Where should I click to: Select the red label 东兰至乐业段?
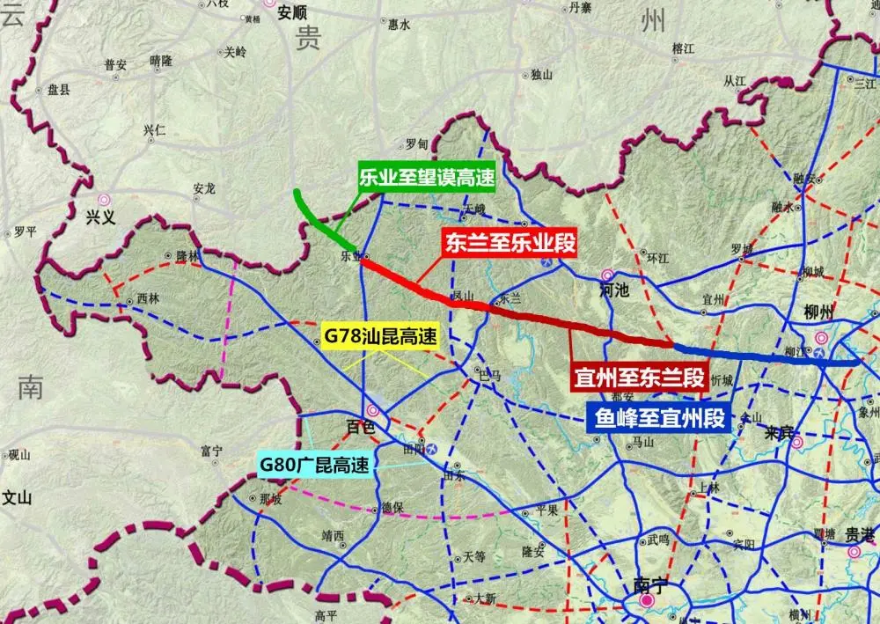click(510, 243)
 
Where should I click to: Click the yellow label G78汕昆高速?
click(380, 335)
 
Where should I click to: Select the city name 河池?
click(614, 290)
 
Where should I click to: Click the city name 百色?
click(360, 427)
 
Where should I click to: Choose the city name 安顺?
click(291, 12)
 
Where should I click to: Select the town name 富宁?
click(211, 451)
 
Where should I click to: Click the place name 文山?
click(16, 497)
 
